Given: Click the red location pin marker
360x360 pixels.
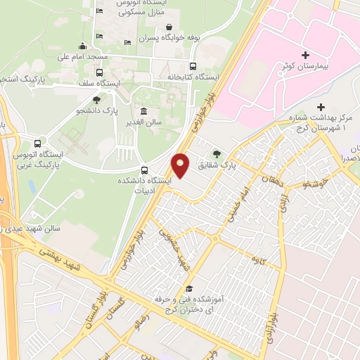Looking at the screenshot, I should (181, 166).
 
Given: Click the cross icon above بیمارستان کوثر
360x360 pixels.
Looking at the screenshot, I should (305, 55).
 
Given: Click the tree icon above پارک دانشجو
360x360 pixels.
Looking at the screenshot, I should (96, 100).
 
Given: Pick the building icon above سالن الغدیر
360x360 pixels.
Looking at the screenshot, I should (144, 111).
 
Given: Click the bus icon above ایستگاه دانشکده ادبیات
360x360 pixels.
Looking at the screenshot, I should (145, 169).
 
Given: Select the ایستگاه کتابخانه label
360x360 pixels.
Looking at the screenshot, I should (193, 77).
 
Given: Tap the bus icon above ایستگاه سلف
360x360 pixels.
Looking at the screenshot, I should (99, 72).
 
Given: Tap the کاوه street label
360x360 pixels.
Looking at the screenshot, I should (257, 259).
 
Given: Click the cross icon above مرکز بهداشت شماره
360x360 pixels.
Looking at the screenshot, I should (321, 107).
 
